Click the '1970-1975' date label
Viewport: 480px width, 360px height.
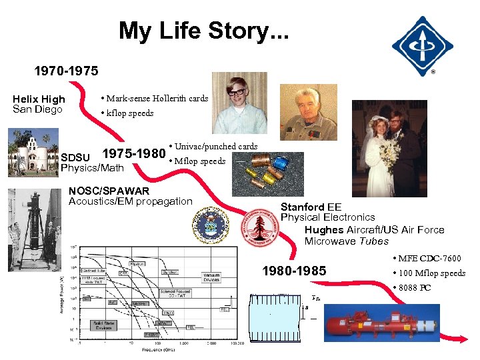tap(67, 70)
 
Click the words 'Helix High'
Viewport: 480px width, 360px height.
tap(39, 99)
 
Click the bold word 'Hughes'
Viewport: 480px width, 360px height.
tap(324, 229)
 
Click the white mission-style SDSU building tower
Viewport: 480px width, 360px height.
tap(27, 151)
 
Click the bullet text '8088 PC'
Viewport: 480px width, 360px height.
tap(416, 287)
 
